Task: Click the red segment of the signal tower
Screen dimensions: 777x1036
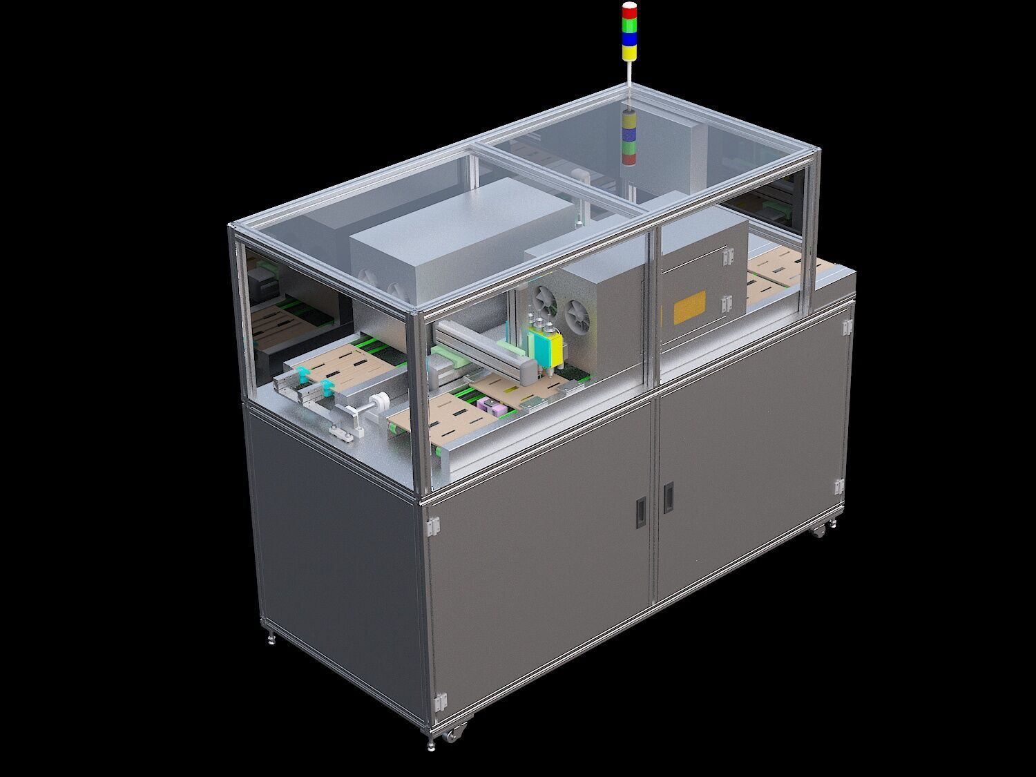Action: [x=630, y=12]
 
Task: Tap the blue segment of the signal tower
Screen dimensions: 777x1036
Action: [x=630, y=39]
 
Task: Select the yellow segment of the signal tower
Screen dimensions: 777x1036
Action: [x=630, y=52]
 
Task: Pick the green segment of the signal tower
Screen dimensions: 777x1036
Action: [x=630, y=26]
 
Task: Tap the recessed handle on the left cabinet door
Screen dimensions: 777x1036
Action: [x=642, y=512]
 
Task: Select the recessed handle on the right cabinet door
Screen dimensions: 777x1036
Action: [x=668, y=497]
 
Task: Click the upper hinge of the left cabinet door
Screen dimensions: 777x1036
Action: [x=434, y=527]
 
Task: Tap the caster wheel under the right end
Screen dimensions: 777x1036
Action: [x=819, y=530]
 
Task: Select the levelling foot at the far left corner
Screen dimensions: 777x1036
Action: [x=270, y=639]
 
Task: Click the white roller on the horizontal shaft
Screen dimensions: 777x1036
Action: [x=378, y=403]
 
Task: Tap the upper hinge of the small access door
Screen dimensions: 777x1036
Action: [x=726, y=256]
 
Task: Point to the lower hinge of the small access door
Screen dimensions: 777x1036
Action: [x=726, y=303]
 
